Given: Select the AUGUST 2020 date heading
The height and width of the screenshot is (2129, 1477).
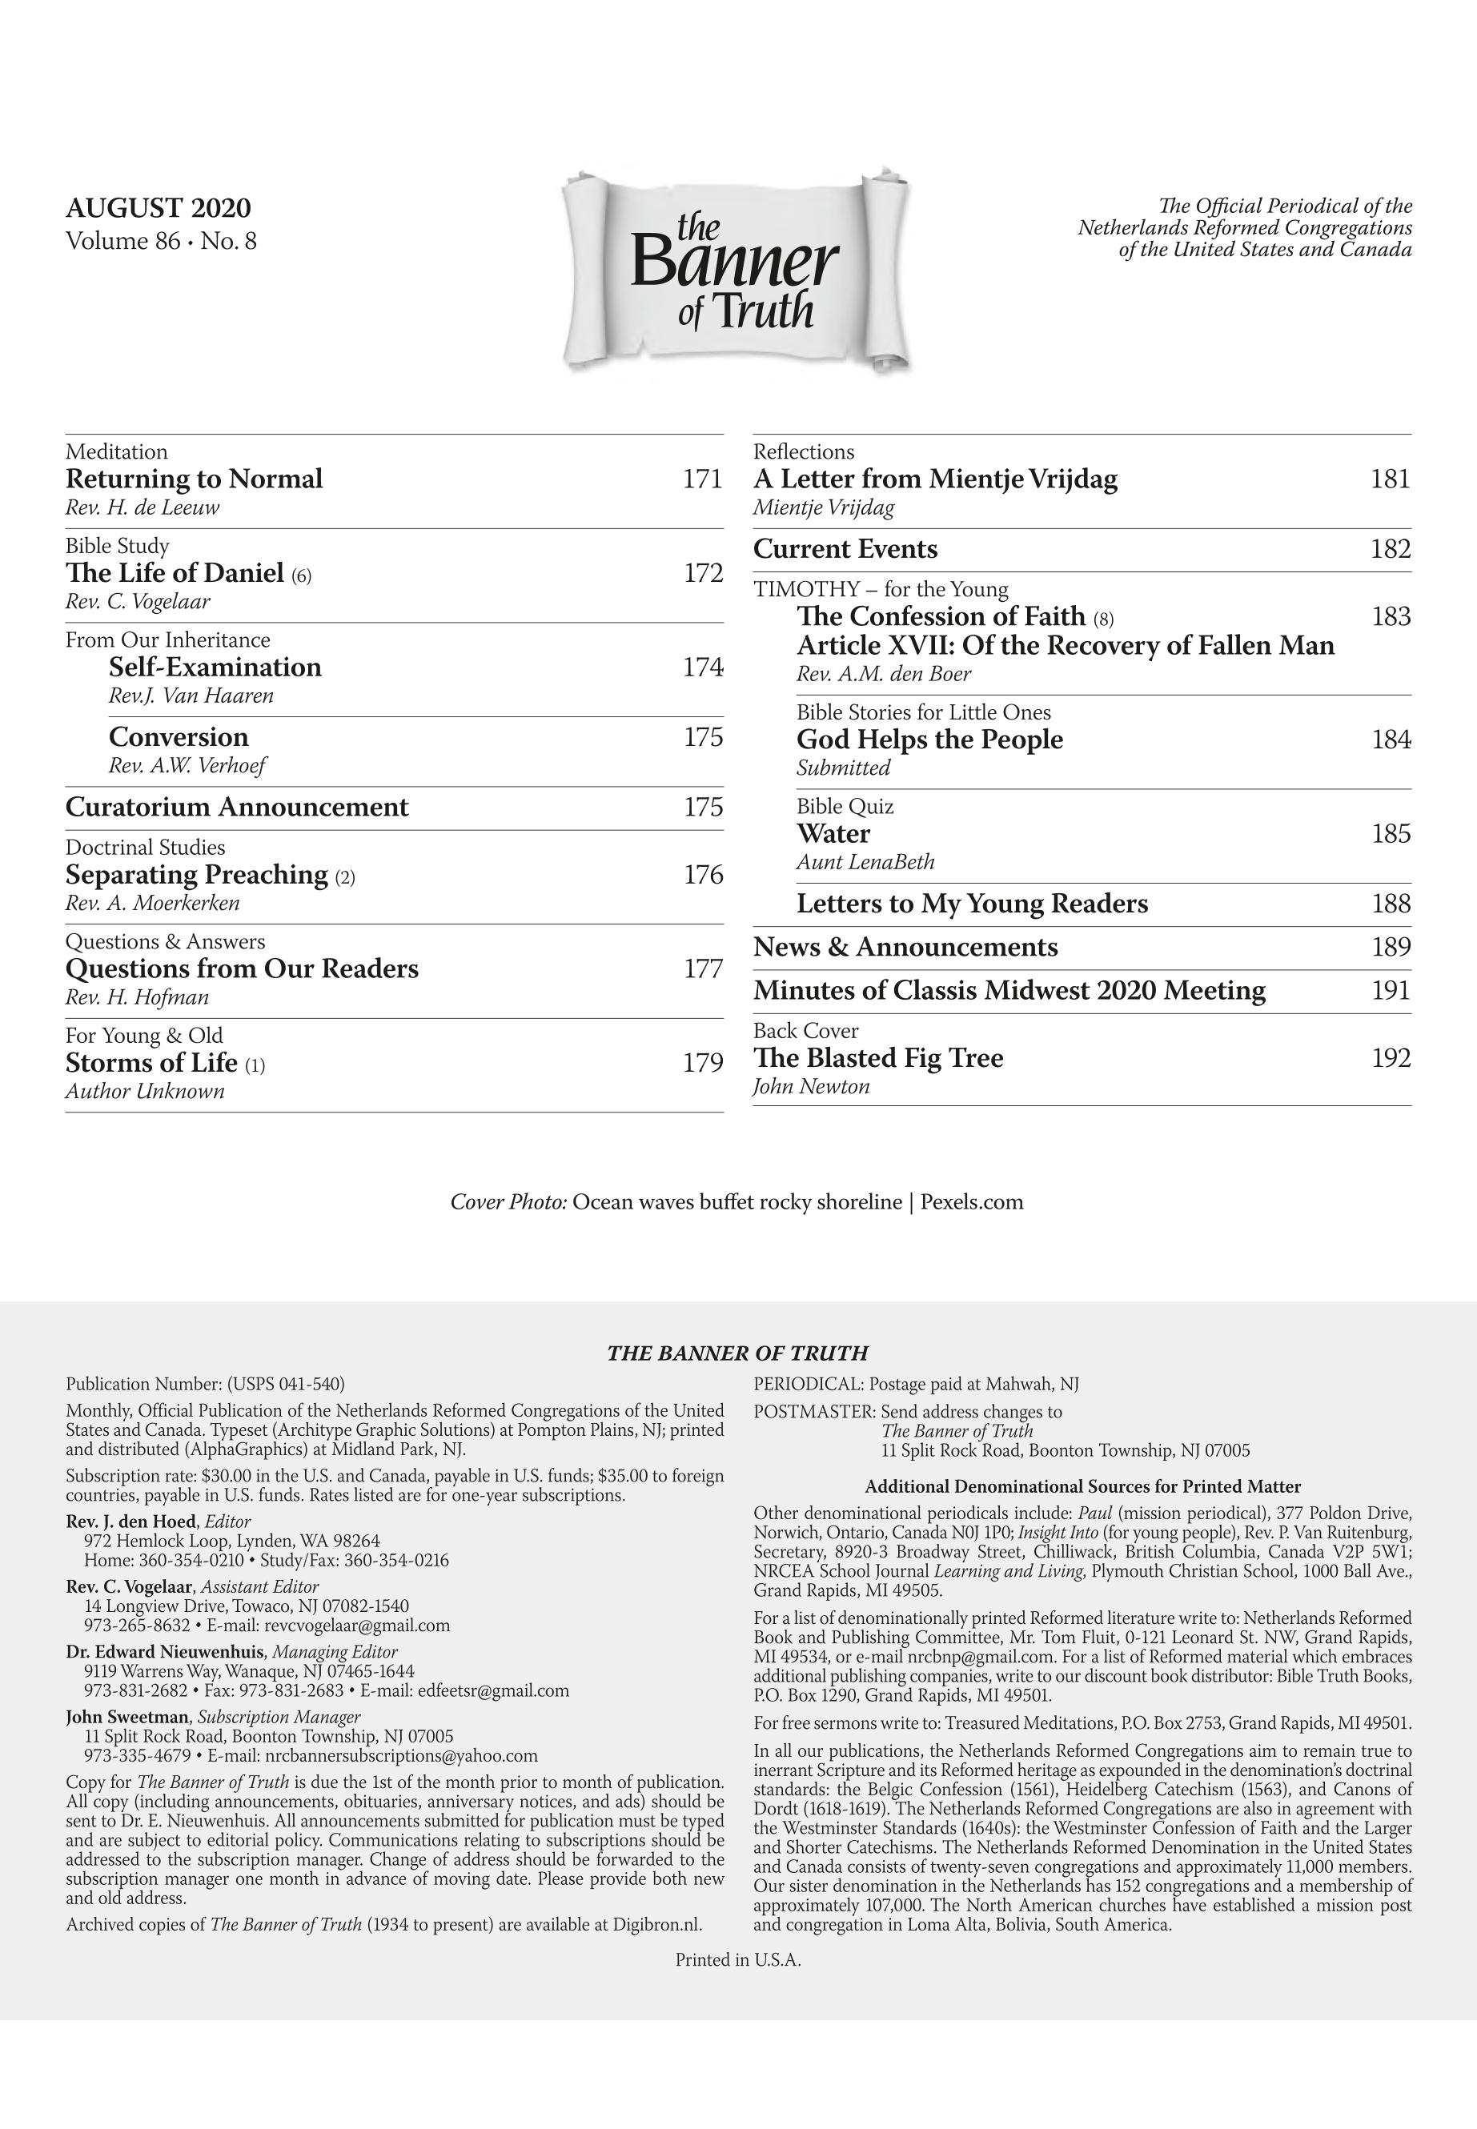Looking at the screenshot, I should point(159,208).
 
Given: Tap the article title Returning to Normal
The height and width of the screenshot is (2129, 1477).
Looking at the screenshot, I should point(195,479).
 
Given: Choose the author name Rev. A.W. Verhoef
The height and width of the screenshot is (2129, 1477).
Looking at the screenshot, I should point(188,765).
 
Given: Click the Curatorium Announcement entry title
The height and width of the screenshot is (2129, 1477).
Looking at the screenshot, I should point(237,807).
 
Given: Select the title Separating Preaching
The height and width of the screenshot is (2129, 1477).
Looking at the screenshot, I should point(197,874).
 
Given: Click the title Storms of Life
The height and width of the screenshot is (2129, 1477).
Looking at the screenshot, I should point(152,1062).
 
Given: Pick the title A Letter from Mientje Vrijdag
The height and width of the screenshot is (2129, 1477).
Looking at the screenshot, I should point(936,479).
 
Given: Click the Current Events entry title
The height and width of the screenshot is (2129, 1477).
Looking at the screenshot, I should point(845,550).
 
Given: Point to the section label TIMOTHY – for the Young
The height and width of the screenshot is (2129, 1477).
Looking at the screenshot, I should point(880,589).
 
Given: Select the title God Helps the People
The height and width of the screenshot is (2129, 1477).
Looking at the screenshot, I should point(929,740).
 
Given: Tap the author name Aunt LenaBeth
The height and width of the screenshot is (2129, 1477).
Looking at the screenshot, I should point(865,861).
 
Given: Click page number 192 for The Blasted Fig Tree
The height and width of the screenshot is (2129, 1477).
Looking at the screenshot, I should point(1391,1057).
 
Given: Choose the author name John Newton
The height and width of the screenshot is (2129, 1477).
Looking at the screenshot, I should point(812,1086).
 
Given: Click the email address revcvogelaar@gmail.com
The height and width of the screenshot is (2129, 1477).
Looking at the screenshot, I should point(357,1626).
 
